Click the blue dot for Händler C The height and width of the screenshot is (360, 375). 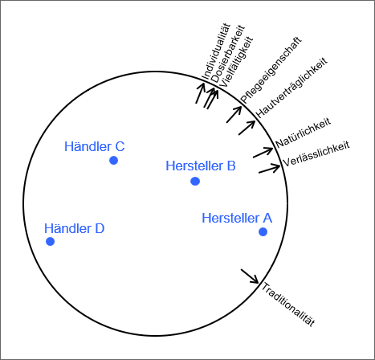[114, 161]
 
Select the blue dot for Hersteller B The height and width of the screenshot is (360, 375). [195, 182]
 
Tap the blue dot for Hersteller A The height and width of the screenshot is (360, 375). [263, 231]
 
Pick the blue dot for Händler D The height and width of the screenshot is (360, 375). [50, 241]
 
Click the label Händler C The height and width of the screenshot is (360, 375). [95, 146]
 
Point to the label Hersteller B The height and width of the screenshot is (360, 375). [201, 166]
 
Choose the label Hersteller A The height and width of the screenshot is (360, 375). [237, 218]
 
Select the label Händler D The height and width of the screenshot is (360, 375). [75, 228]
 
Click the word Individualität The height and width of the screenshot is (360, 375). [216, 51]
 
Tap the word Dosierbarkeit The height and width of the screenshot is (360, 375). [228, 54]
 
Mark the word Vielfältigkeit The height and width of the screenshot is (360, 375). [236, 62]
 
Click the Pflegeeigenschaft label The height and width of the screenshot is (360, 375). [271, 70]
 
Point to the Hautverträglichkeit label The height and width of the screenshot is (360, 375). [291, 88]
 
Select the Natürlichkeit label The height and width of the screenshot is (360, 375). [304, 133]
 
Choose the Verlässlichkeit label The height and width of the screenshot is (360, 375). [316, 153]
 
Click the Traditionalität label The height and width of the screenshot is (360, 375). [287, 305]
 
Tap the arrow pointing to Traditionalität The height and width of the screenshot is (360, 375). [250, 276]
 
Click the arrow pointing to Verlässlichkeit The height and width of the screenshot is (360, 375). [269, 168]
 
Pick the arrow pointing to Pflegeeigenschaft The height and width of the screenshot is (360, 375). [234, 115]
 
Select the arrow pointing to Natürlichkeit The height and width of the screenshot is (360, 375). [263, 153]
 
